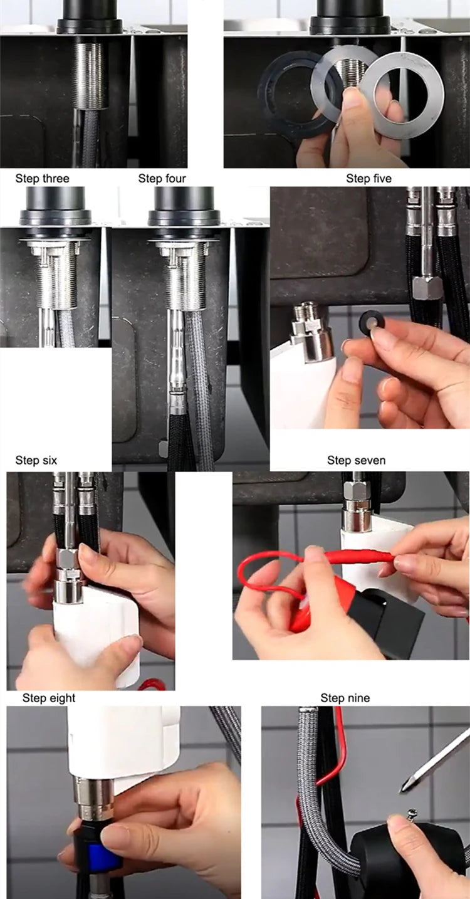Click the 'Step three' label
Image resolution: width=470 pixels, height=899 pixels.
pyautogui.click(x=42, y=179)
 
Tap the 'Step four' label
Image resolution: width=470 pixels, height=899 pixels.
pyautogui.click(x=162, y=179)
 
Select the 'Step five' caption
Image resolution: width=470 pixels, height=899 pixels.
pyautogui.click(x=368, y=179)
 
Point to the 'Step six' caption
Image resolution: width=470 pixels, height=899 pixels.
pyautogui.click(x=36, y=461)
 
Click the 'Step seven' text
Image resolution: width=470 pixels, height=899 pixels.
pyautogui.click(x=356, y=461)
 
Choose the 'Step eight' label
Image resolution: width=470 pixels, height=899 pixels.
pyautogui.click(x=49, y=698)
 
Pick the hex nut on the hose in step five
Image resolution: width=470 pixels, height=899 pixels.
pyautogui.click(x=428, y=287)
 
